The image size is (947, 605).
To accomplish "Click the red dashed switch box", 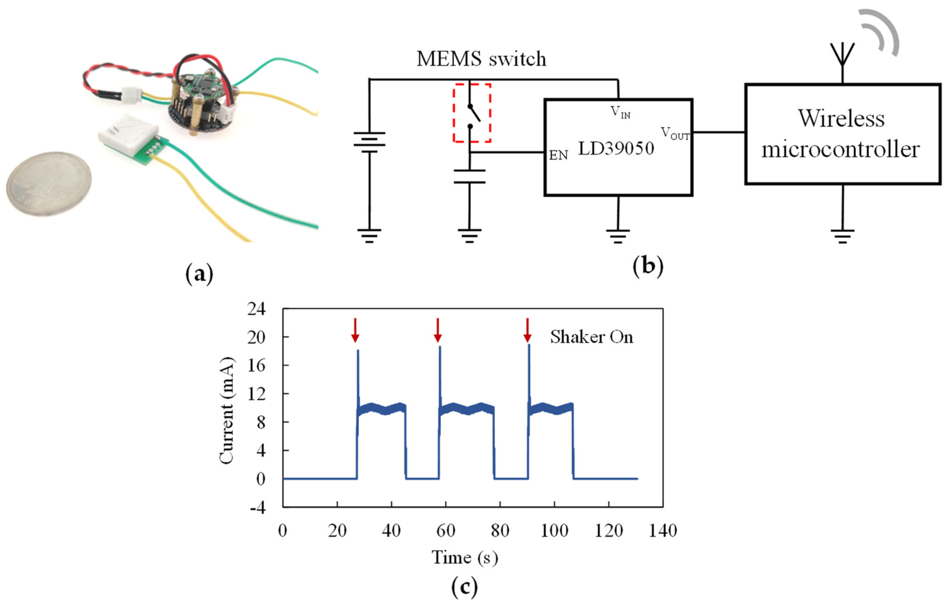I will pos(471,113).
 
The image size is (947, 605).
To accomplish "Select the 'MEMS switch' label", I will pos(481,59).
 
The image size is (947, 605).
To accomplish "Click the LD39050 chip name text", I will pos(616,149).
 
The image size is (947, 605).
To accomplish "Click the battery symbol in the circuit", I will pos(369,142).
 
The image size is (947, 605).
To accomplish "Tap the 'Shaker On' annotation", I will pos(591,337).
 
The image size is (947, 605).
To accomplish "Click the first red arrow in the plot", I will pos(355,330).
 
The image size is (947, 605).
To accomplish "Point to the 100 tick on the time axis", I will pos(554,531).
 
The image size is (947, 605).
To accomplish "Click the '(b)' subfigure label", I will pos(648,266).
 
